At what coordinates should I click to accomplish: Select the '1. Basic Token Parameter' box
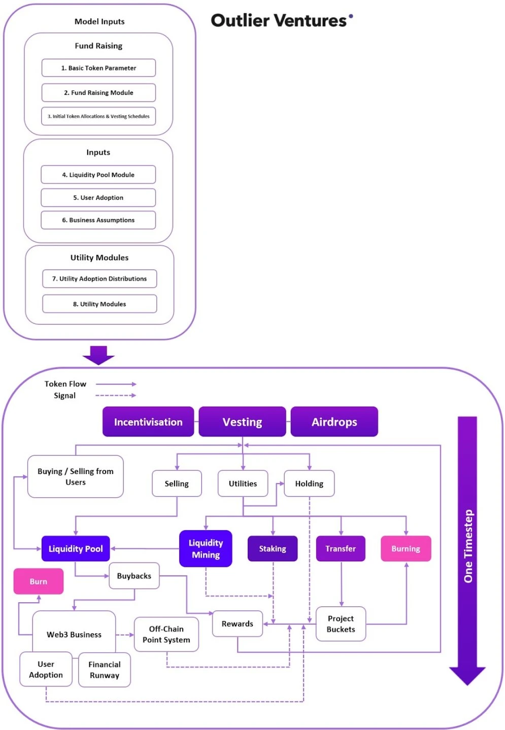(x=98, y=68)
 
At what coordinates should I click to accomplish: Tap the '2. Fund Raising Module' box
(x=98, y=93)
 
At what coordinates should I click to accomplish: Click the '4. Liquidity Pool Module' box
(x=98, y=175)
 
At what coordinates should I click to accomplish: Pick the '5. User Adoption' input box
(x=98, y=198)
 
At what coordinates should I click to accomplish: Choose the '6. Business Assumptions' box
(x=98, y=220)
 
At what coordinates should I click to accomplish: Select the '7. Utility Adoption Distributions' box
(x=99, y=279)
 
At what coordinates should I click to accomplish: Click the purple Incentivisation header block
(x=148, y=422)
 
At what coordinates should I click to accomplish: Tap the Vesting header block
(x=242, y=422)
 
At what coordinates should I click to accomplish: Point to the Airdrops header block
(x=334, y=422)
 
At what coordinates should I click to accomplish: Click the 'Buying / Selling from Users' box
(x=75, y=477)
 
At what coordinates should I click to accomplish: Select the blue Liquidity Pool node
(x=76, y=549)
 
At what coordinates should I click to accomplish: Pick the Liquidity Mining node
(x=206, y=549)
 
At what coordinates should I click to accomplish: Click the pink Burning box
(x=406, y=549)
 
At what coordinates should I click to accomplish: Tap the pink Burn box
(x=39, y=581)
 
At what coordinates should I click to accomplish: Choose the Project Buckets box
(x=341, y=624)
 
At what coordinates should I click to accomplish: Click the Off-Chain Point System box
(x=166, y=634)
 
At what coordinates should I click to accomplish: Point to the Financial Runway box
(x=105, y=670)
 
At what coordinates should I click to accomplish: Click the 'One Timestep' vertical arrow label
(x=468, y=546)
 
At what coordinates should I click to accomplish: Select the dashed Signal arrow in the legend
(x=116, y=395)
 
